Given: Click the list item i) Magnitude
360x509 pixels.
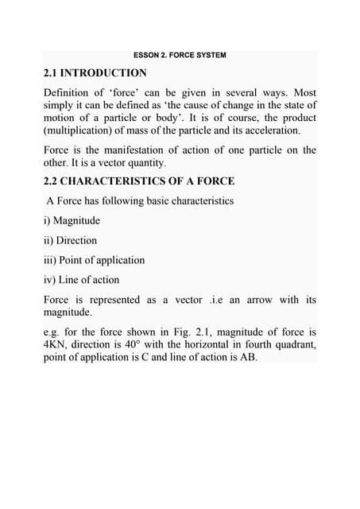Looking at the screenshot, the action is (72, 220).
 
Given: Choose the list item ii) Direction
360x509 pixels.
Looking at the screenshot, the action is (70, 240).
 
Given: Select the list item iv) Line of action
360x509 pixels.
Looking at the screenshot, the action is (83, 280).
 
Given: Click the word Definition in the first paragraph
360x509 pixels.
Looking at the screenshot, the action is (70, 92).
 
